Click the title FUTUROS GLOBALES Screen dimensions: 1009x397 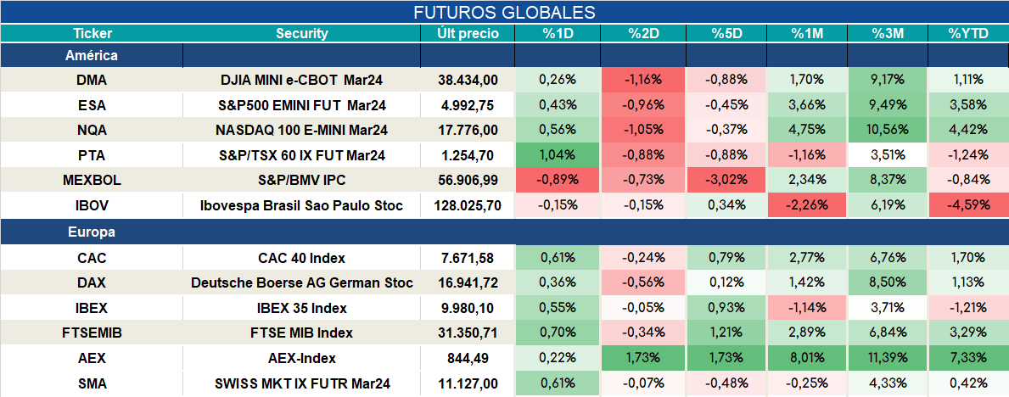[x=504, y=12]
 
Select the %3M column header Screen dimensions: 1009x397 [x=888, y=34]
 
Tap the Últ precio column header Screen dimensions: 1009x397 [x=468, y=34]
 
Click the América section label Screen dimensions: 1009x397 [x=92, y=55]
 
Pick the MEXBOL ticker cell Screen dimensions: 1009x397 [x=92, y=181]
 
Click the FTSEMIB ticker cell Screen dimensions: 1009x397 [x=92, y=333]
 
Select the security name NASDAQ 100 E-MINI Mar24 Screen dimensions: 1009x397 [x=302, y=130]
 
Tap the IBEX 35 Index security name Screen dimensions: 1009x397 [x=302, y=308]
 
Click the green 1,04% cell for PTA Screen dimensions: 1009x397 [x=558, y=155]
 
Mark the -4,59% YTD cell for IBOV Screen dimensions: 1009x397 [x=968, y=206]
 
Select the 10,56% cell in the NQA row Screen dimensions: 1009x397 [x=888, y=130]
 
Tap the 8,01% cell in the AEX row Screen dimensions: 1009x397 [x=807, y=358]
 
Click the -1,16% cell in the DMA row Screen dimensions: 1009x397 [x=643, y=80]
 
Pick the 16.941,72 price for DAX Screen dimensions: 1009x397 [x=467, y=282]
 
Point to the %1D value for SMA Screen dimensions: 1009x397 [x=558, y=384]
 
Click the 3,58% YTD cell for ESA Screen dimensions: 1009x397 [x=968, y=104]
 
